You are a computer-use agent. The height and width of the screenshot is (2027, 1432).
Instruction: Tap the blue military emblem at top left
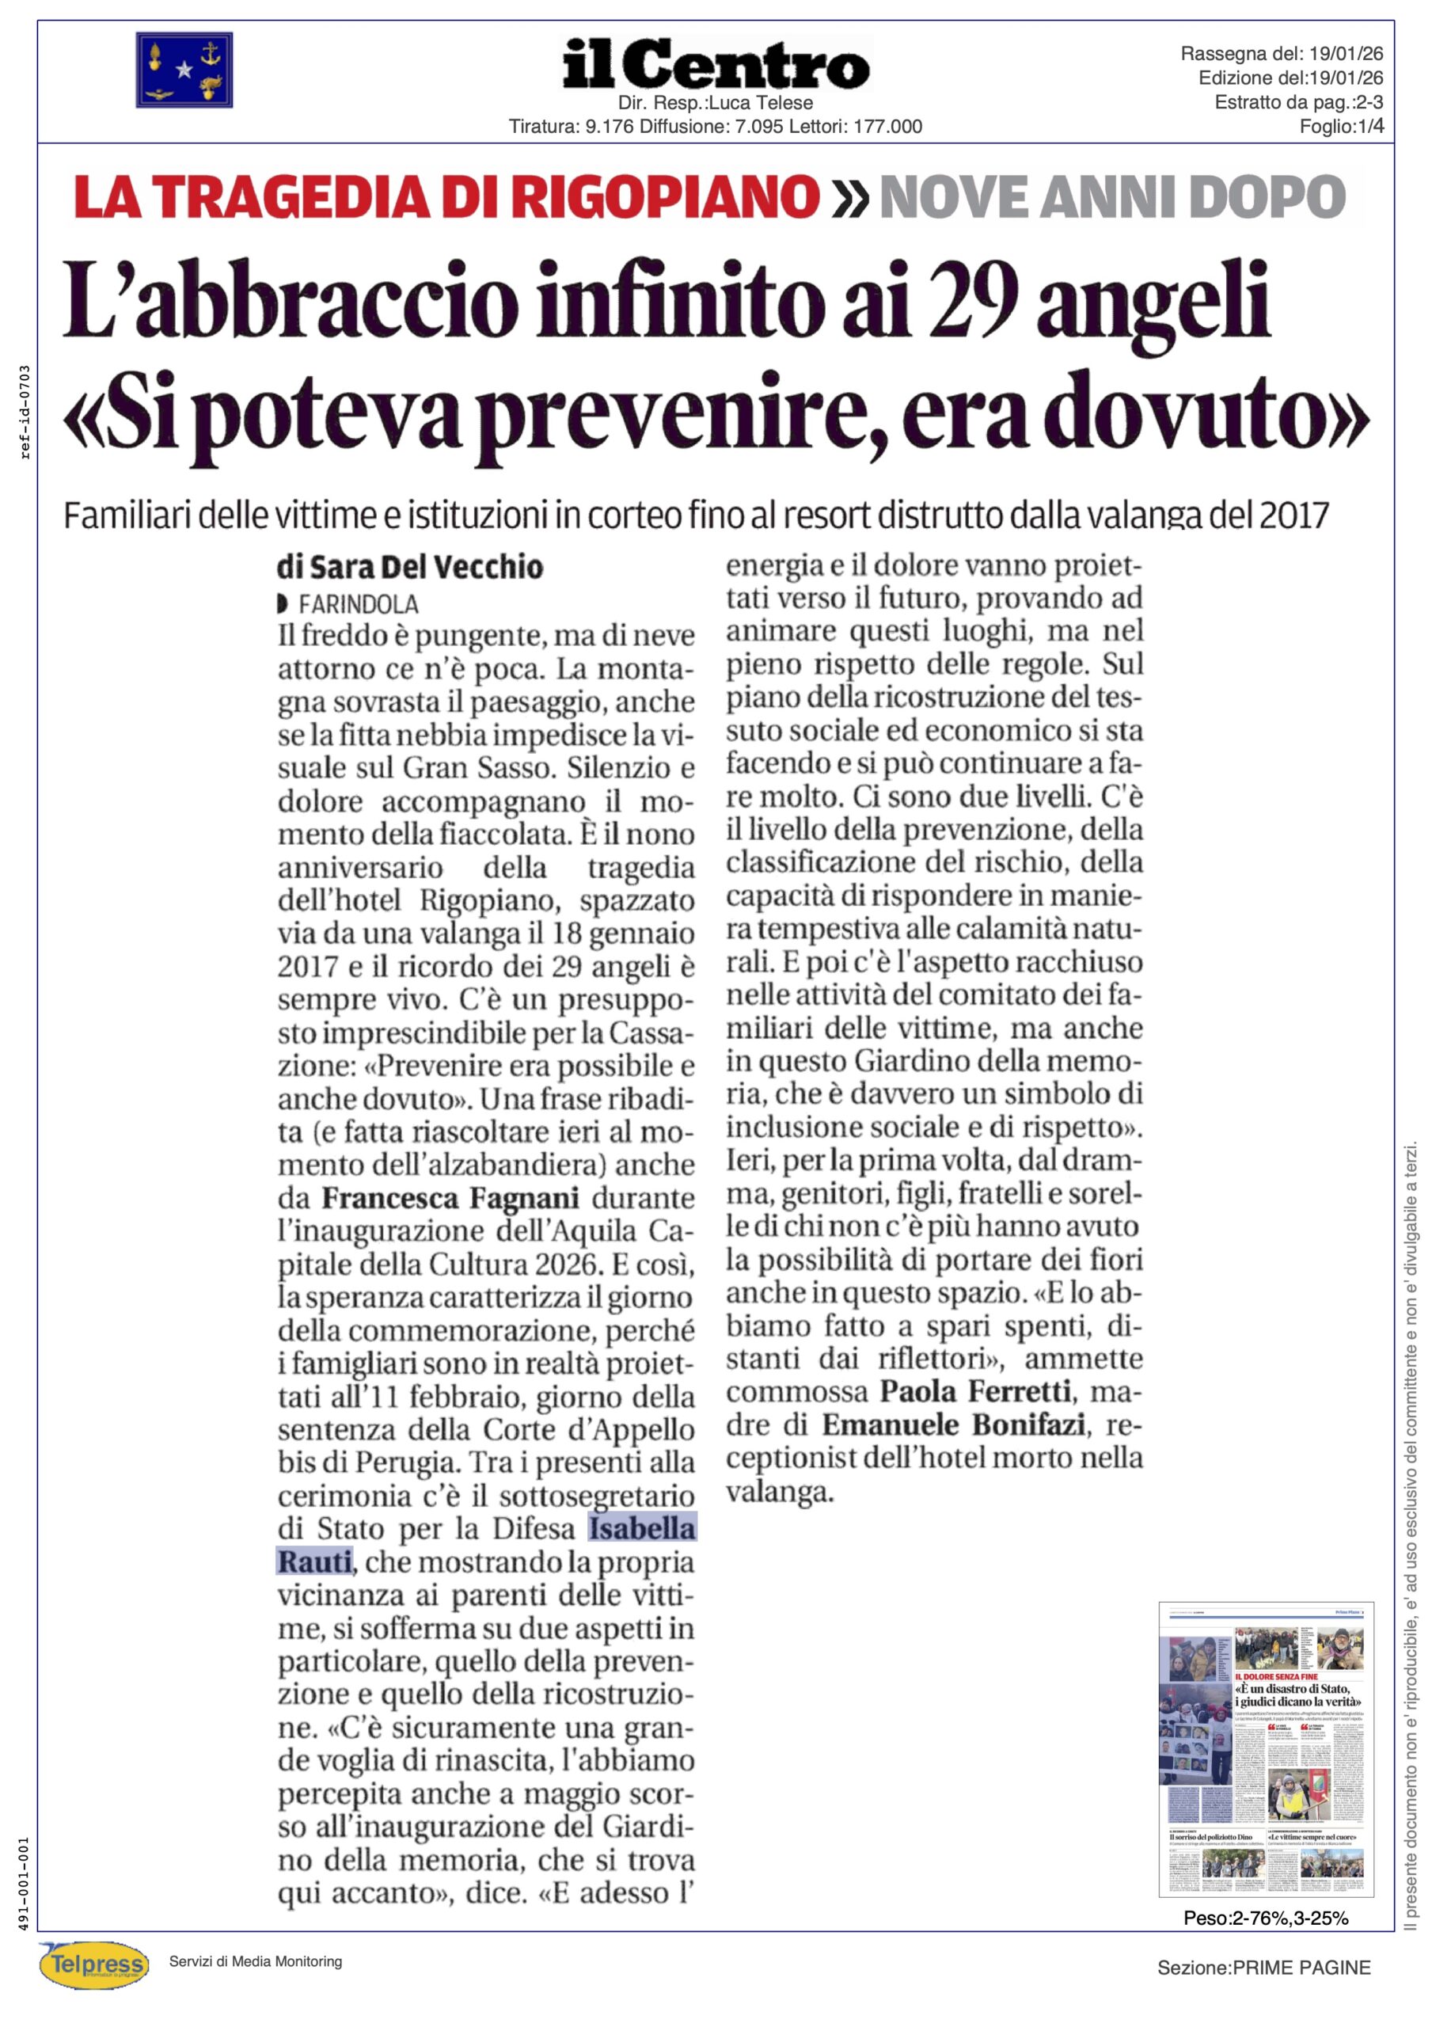click(184, 70)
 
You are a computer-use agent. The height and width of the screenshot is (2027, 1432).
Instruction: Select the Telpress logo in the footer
click(94, 1964)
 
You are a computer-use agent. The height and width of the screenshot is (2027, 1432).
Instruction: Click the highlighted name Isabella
click(642, 1528)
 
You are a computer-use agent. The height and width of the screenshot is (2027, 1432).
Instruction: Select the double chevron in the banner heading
click(849, 199)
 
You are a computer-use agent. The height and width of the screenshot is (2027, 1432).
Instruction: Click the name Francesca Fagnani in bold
click(450, 1198)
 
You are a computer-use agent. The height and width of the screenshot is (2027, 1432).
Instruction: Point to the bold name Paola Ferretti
click(975, 1391)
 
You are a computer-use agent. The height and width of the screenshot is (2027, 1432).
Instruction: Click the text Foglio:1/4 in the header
click(1340, 126)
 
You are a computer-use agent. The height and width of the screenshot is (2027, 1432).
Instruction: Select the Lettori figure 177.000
click(887, 126)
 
